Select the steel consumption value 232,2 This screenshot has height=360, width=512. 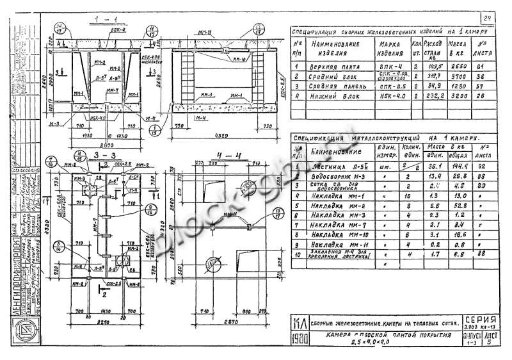(432, 95)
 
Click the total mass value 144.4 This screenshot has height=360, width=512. (456, 165)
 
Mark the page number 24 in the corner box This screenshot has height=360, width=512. (486, 18)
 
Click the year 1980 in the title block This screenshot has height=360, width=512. (298, 338)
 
